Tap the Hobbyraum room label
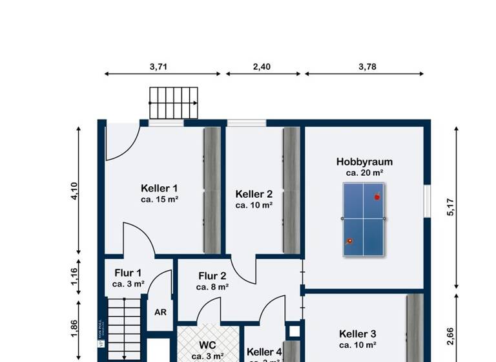[x=364, y=162]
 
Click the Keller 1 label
[x=160, y=188]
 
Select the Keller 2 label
[x=254, y=194]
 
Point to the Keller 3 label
[x=357, y=334]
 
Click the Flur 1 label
[x=128, y=273]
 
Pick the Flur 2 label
[x=212, y=275]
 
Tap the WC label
[x=208, y=345]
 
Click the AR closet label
[x=160, y=311]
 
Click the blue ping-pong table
[x=364, y=218]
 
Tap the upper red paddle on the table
[x=377, y=197]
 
